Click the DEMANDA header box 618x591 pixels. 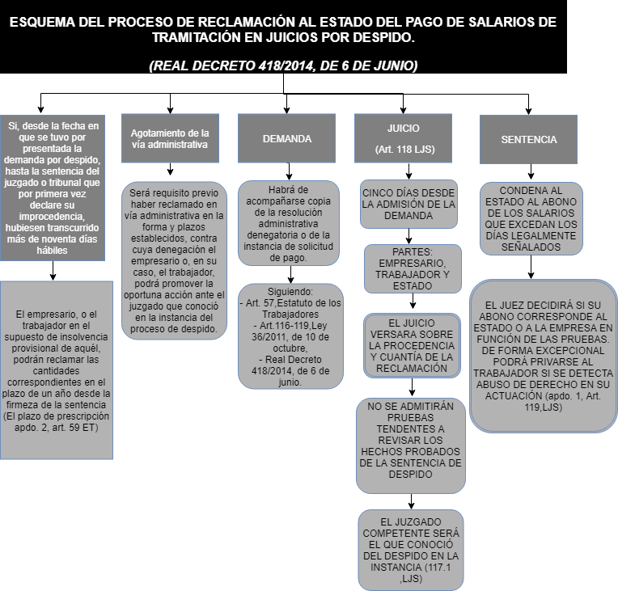[286, 139]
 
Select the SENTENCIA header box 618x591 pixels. [528, 139]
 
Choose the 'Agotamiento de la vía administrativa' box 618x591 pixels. [170, 139]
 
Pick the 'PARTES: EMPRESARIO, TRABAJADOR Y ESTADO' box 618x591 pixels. [413, 268]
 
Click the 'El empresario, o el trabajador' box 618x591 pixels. [57, 371]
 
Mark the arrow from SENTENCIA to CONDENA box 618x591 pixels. [529, 171]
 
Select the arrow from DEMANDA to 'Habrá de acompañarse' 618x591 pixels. [287, 171]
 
